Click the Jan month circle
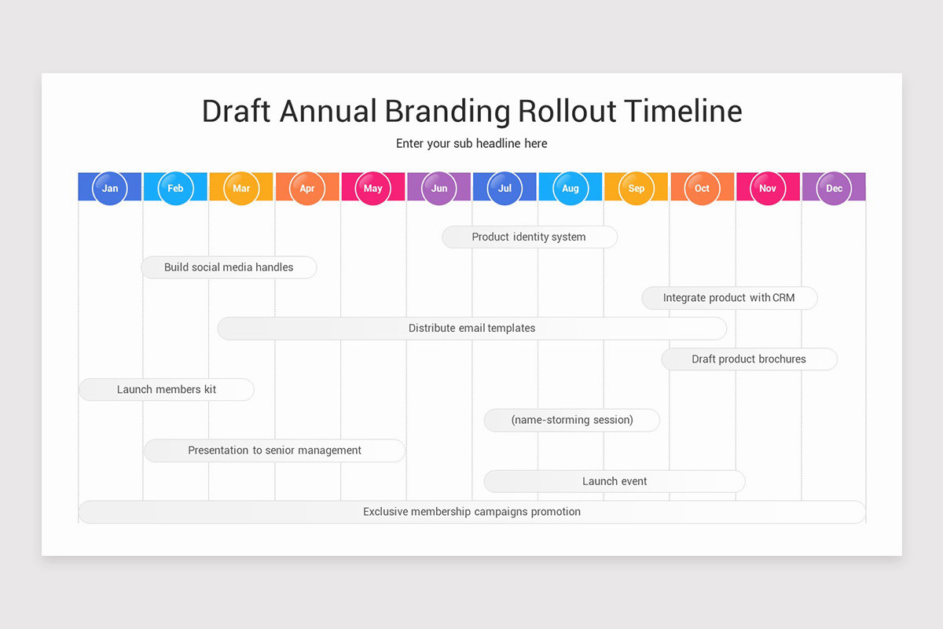coord(110,189)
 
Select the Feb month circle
coord(175,189)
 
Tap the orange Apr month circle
coord(307,189)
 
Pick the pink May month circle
coord(373,189)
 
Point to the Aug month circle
coord(571,189)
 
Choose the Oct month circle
coord(702,189)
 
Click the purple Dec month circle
coord(834,189)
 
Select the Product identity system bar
coord(529,237)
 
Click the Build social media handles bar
coord(229,267)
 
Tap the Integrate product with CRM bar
coord(729,298)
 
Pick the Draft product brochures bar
coord(749,359)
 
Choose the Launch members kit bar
coord(167,389)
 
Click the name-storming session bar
coord(572,420)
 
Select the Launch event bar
coord(615,481)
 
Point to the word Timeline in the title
coord(683,111)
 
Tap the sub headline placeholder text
coord(472,144)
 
